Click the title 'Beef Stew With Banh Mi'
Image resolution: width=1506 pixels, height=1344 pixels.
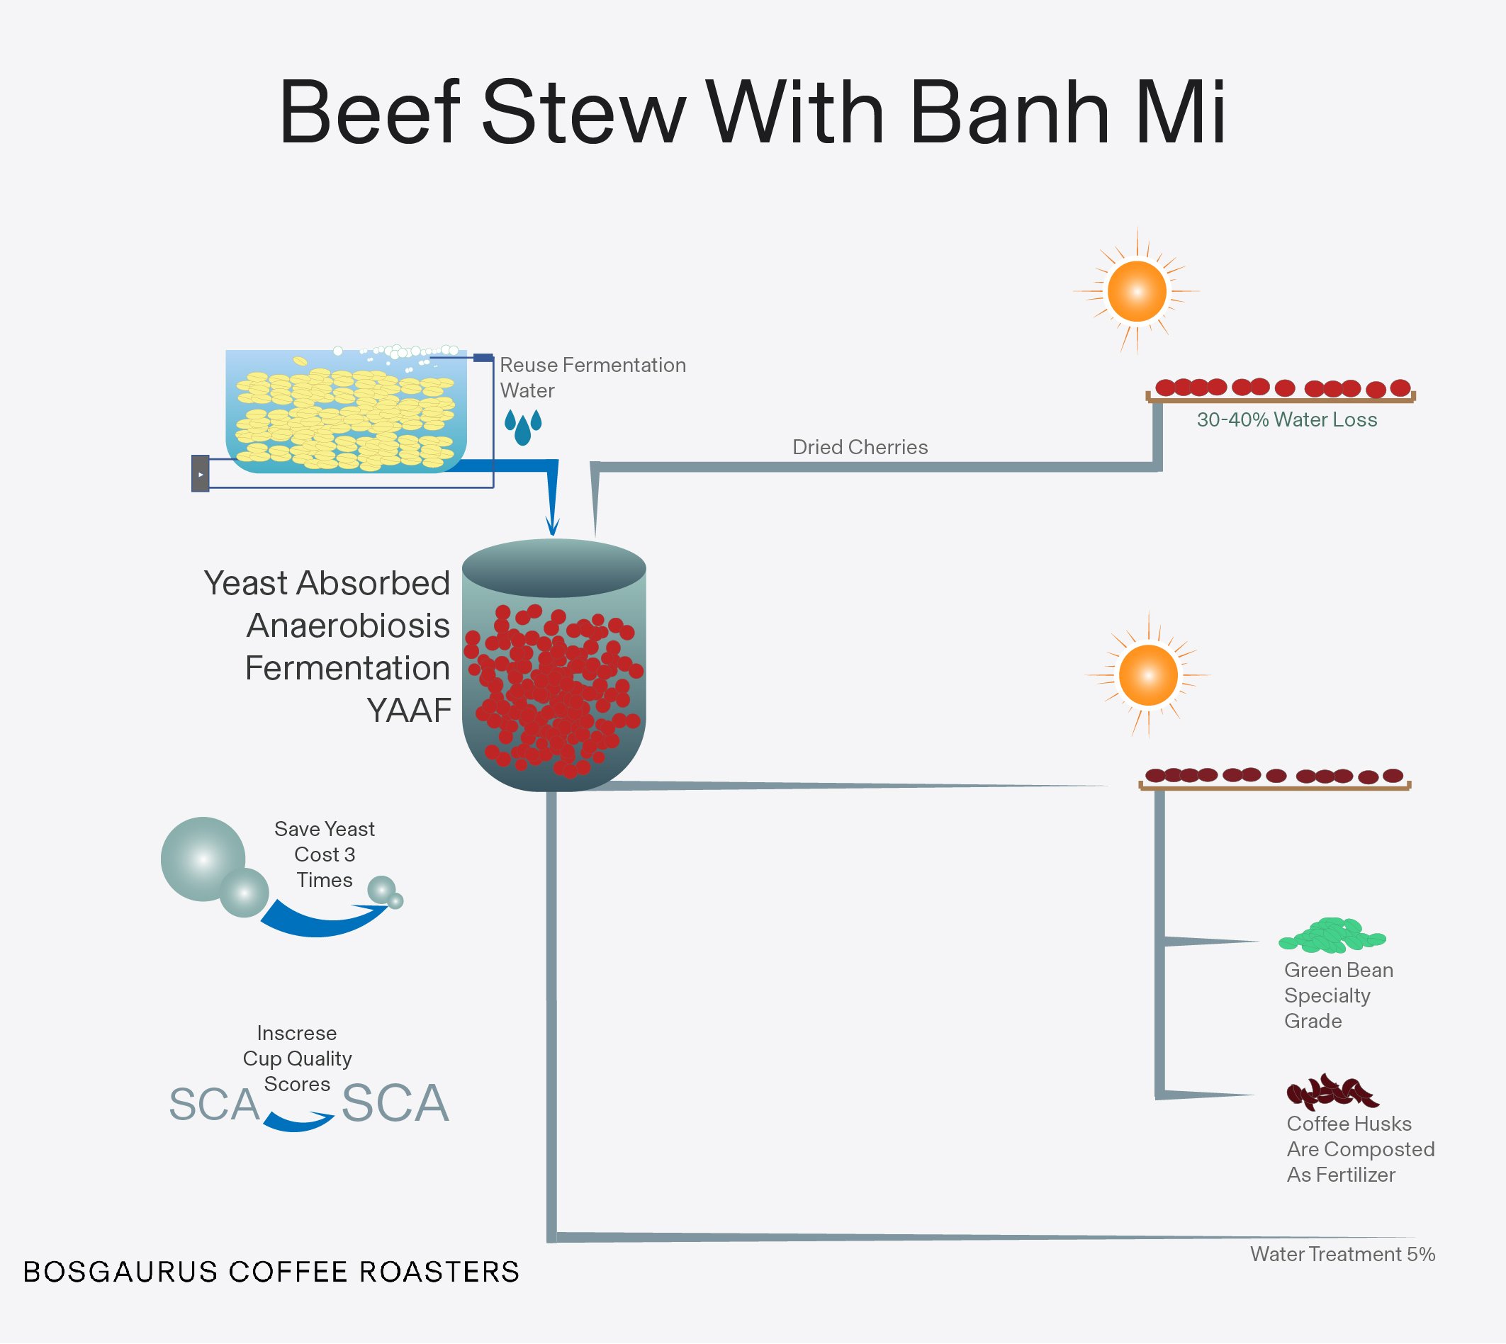tap(752, 113)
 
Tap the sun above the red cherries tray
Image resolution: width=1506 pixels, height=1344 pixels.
tap(1137, 291)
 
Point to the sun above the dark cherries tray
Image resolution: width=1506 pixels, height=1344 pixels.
tap(1148, 675)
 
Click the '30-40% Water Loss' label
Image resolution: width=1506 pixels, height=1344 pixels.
tap(1286, 419)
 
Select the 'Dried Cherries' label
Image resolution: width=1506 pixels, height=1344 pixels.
tap(860, 447)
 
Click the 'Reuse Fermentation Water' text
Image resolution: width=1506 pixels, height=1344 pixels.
tap(592, 378)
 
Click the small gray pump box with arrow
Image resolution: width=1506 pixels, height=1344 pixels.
tap(200, 473)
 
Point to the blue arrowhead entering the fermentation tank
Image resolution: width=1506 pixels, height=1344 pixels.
tap(552, 526)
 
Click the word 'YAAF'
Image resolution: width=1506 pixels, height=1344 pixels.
tap(409, 711)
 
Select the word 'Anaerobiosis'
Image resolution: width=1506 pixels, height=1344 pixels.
tap(348, 626)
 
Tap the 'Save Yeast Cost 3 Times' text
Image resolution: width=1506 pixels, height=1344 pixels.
tap(325, 854)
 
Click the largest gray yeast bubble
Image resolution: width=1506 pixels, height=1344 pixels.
tap(203, 859)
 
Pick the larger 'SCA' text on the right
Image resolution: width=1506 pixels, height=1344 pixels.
tap(395, 1104)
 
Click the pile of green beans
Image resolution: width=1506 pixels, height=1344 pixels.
tap(1332, 936)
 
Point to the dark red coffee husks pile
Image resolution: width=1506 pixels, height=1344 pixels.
tap(1331, 1092)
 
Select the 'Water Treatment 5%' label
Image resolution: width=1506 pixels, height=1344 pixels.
tap(1342, 1254)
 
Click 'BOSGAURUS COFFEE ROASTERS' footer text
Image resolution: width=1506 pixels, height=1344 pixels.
tap(271, 1272)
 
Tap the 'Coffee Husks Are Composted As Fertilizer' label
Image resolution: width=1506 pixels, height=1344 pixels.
tap(1360, 1149)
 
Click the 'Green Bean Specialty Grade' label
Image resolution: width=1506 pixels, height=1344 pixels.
tap(1337, 995)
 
